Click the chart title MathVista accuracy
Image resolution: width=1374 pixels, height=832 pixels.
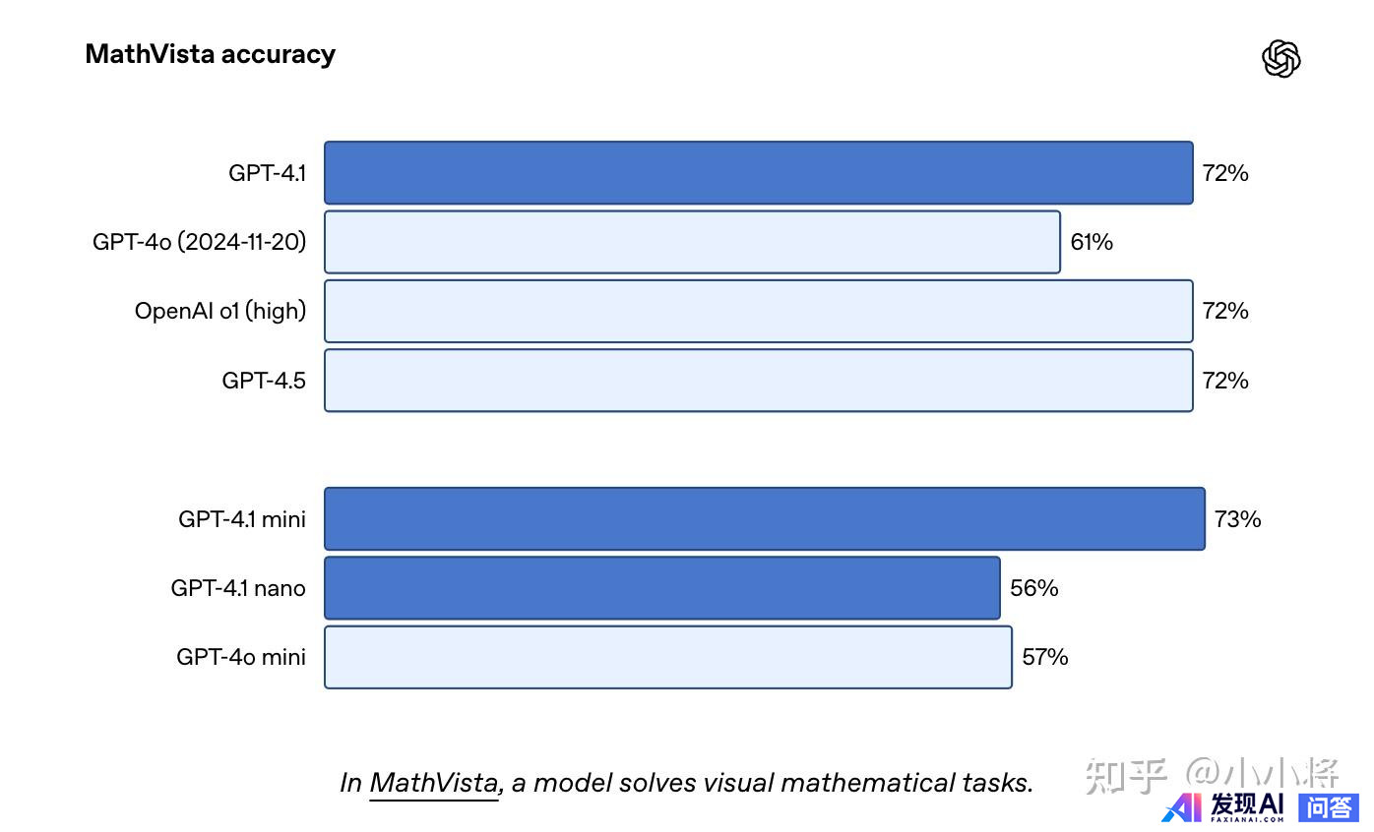click(210, 54)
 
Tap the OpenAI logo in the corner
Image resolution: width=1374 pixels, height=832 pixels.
click(1280, 59)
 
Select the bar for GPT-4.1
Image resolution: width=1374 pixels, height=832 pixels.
click(758, 173)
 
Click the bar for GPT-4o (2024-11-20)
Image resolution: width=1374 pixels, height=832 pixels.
click(692, 242)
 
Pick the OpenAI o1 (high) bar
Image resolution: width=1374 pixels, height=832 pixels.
click(758, 311)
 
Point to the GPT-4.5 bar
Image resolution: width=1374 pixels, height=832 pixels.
click(758, 381)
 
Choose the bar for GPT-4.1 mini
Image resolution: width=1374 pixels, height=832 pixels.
click(764, 518)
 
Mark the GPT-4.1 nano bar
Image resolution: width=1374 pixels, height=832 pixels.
click(661, 588)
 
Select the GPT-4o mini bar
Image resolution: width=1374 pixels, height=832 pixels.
click(667, 657)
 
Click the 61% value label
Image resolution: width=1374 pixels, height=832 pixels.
click(1092, 242)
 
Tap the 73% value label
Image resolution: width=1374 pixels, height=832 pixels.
click(1237, 518)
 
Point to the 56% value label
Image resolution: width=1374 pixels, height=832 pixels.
click(1033, 588)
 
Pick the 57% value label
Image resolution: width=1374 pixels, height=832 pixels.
click(1045, 657)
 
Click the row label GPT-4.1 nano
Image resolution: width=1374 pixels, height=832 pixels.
click(238, 588)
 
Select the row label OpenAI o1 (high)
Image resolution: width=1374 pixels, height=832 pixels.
click(220, 311)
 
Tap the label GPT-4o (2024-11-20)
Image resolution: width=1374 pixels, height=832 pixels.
click(199, 242)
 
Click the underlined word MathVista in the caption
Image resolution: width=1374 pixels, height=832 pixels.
click(434, 783)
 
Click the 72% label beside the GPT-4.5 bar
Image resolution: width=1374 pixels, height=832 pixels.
click(1225, 381)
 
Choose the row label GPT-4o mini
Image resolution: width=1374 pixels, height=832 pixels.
click(241, 657)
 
